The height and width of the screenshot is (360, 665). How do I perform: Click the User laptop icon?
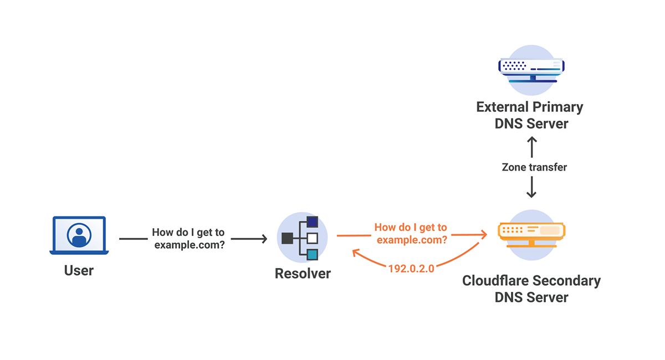79,235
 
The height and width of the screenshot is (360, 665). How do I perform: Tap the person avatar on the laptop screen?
79,235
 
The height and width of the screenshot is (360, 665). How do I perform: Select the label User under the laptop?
79,270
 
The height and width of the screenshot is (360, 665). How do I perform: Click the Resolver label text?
303,274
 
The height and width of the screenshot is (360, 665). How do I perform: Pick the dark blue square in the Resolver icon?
313,222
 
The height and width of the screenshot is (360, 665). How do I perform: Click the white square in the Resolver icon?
313,238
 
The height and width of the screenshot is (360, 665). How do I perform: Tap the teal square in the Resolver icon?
313,255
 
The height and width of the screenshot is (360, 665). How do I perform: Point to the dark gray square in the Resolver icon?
288,238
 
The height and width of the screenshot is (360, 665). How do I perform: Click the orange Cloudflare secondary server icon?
531,235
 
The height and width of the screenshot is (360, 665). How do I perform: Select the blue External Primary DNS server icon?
531,70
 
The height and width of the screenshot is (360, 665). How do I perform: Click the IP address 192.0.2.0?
411,269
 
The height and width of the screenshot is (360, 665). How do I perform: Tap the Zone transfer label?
534,167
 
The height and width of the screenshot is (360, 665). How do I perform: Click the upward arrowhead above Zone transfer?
531,140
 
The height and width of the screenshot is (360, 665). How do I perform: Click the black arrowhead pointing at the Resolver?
264,239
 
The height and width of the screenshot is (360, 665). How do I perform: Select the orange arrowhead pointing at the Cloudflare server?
484,235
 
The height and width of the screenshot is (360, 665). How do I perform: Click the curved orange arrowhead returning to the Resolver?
356,253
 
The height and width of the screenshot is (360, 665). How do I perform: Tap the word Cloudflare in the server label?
498,281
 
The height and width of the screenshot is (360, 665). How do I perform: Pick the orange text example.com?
412,240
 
